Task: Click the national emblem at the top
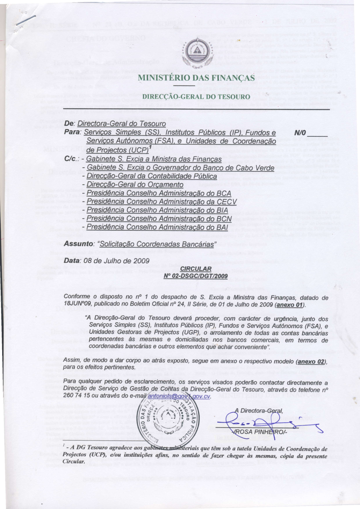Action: point(197,51)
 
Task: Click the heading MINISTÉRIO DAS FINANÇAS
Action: point(196,78)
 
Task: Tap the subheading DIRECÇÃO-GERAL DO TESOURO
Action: point(196,96)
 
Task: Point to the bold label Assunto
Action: point(77,244)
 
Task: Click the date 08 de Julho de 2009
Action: point(116,261)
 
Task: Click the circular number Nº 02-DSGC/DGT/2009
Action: point(195,276)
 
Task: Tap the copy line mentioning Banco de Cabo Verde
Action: point(180,168)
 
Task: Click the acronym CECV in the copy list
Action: point(227,202)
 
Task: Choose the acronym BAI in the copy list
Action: point(222,227)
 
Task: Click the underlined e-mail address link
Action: point(179,396)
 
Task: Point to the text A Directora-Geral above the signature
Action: point(258,410)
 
